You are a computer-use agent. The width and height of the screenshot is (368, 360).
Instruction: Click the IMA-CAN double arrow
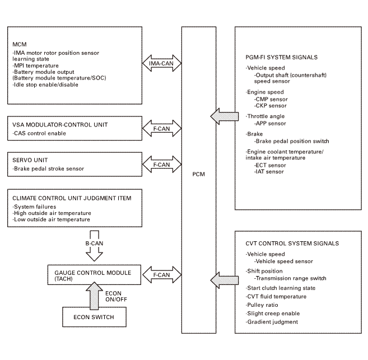162,63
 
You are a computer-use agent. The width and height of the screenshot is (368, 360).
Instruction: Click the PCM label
198,174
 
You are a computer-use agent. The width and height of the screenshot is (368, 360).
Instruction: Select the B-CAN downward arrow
94,246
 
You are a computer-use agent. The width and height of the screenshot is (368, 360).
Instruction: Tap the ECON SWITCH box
94,317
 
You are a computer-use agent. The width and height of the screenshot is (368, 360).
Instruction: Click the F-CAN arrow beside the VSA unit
162,129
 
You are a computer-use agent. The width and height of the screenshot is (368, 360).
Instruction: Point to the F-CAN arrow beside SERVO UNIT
162,165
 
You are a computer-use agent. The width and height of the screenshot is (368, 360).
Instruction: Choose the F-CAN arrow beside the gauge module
162,275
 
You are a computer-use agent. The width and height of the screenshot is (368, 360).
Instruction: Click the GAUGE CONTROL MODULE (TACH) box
94,275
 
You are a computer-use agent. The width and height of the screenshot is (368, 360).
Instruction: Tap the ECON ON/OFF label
116,296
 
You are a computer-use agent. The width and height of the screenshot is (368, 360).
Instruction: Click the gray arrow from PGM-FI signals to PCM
225,116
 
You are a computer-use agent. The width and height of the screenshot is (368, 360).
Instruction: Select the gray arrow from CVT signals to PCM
225,280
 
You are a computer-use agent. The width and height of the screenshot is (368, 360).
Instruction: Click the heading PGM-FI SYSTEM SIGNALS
281,58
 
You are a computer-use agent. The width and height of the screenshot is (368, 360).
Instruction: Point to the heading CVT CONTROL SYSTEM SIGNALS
292,244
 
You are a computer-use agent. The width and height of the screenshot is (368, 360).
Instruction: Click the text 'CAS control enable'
39,133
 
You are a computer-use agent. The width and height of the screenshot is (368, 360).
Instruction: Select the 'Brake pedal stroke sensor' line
48,169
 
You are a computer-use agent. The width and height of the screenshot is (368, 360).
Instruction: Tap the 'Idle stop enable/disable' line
45,85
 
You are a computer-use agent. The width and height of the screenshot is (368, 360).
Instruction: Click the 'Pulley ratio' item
262,305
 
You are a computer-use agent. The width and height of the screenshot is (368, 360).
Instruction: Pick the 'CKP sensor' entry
271,106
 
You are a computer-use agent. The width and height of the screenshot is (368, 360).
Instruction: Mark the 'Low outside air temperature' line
51,219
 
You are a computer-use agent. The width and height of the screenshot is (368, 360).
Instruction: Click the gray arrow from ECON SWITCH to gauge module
94,296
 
